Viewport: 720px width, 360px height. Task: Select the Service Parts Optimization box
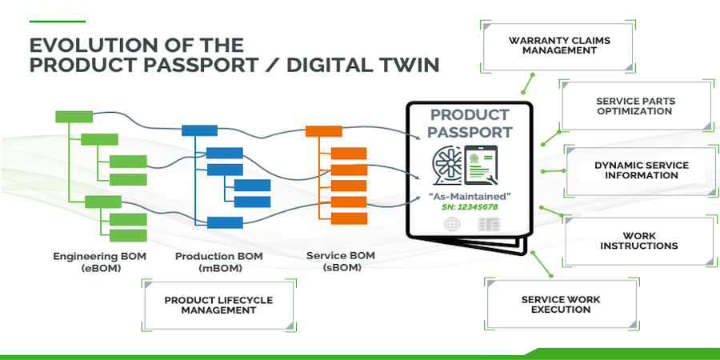(x=634, y=106)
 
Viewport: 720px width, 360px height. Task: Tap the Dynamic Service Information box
(x=641, y=170)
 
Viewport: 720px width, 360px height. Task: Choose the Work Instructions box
(x=638, y=241)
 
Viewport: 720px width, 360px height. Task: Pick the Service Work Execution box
(x=560, y=305)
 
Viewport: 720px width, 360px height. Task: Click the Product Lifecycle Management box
(x=218, y=305)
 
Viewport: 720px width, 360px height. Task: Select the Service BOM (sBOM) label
(x=341, y=262)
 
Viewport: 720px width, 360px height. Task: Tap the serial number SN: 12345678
(x=469, y=207)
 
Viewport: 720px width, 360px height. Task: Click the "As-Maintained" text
(x=469, y=195)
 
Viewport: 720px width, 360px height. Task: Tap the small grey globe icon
(x=452, y=226)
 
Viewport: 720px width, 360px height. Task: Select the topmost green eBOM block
(x=74, y=117)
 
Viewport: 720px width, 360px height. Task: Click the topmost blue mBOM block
(x=199, y=130)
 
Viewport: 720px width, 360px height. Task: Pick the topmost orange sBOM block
(x=324, y=130)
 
